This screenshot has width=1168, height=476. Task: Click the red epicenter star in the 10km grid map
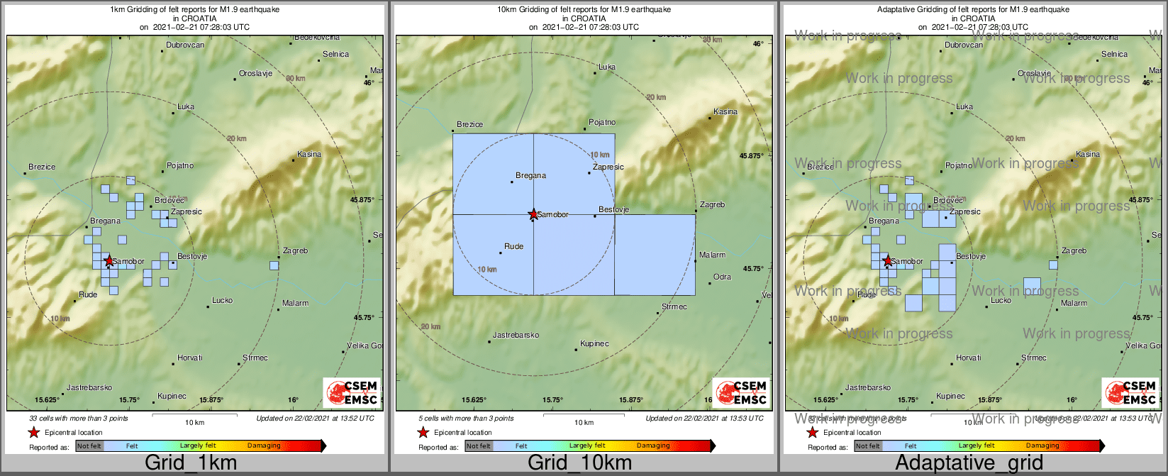tap(533, 214)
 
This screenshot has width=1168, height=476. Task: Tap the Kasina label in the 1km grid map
tap(309, 154)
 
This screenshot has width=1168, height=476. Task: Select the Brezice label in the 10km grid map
tap(469, 125)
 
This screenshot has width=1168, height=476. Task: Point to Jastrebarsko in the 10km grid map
tap(516, 335)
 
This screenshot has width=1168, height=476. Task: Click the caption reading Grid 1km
tap(191, 463)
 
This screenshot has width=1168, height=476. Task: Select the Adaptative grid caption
tap(969, 463)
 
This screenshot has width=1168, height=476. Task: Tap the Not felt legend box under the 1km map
tap(89, 446)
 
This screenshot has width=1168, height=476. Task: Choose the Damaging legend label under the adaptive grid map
tap(1042, 446)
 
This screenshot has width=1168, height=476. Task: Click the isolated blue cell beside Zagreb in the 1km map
tap(274, 266)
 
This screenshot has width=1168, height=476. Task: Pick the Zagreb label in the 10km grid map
tap(712, 205)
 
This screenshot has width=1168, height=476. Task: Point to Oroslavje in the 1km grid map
tap(255, 74)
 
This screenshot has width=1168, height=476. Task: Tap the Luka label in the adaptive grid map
tap(964, 107)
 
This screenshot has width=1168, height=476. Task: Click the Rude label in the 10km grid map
tap(513, 247)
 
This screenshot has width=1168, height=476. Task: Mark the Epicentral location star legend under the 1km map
tap(33, 433)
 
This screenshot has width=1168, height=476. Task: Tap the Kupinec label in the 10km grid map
tap(594, 344)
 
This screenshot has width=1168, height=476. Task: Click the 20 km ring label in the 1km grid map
tap(237, 138)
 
